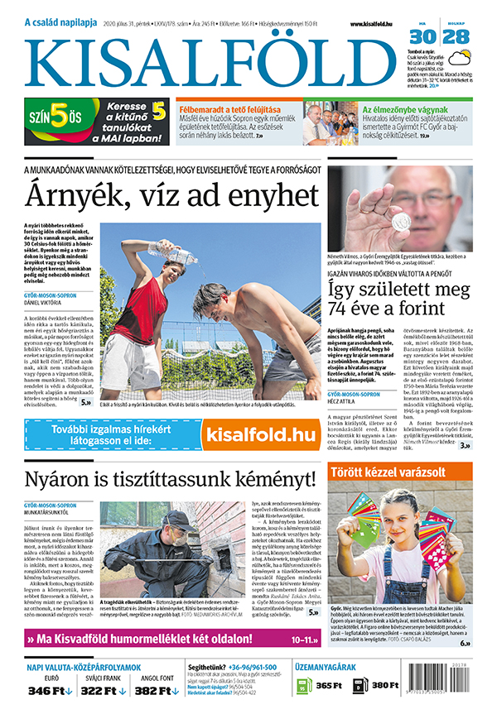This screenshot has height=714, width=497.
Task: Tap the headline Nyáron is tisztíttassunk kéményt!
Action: (x=171, y=479)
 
